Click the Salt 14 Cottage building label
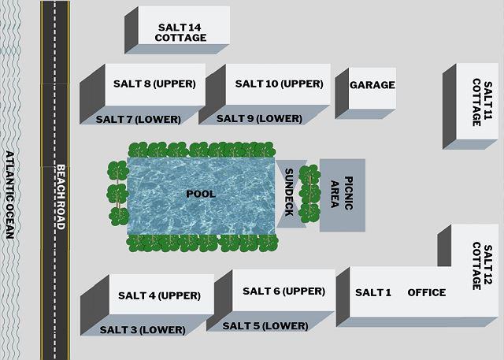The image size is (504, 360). point(180,32)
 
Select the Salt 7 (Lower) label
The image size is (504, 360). point(138,119)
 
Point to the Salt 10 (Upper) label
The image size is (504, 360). point(279,84)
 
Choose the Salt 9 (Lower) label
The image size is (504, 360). point(259,118)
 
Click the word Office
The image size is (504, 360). point(426,292)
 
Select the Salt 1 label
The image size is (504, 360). point(372,292)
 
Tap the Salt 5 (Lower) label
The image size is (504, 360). point(265,325)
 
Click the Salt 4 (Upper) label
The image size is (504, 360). point(159,295)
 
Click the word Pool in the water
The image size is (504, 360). point(201,193)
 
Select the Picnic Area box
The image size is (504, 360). point(342,195)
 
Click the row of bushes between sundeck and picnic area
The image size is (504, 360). point(309,194)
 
